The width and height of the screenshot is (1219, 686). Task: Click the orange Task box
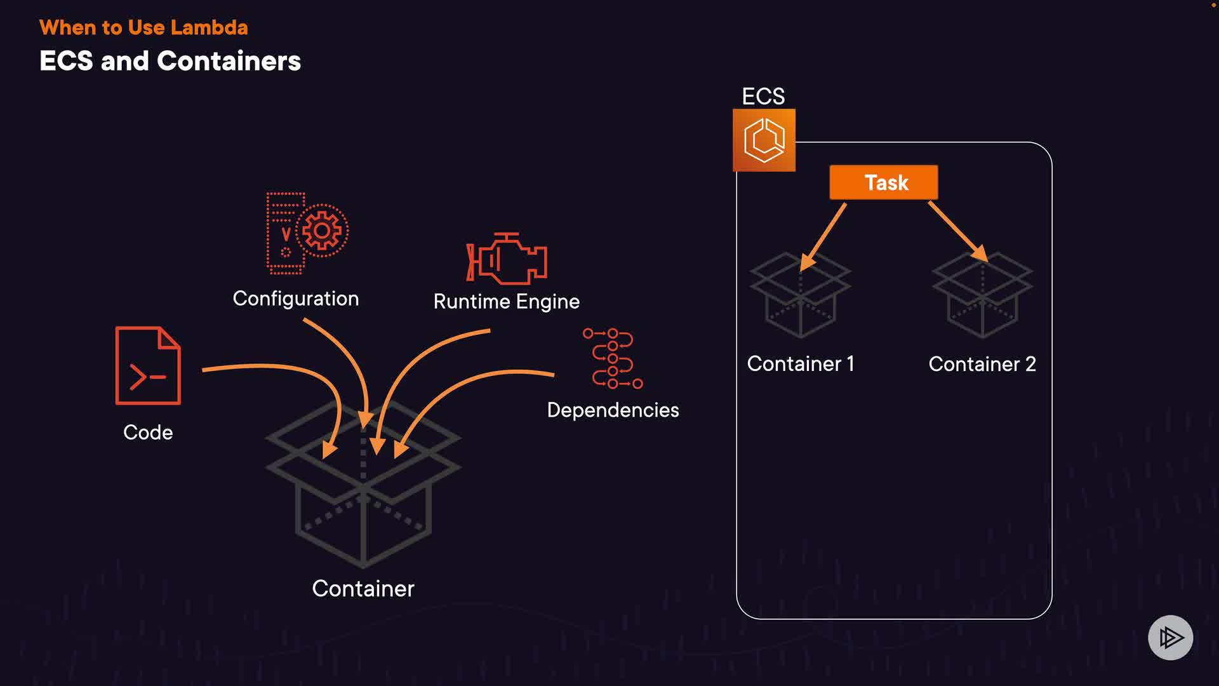883,182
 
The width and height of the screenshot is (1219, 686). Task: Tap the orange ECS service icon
764,140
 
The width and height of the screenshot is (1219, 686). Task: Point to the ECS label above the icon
763,97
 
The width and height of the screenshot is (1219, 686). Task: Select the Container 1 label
800,364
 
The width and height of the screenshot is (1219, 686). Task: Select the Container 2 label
982,364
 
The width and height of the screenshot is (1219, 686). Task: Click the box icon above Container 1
800,295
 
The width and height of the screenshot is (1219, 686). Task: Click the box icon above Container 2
982,295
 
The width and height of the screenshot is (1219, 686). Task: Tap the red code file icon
148,366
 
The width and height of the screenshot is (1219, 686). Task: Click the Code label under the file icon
148,433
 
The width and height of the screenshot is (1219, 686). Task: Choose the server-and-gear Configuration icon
307,233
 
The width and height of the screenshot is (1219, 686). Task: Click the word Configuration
295,299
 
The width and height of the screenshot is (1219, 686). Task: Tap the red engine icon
507,259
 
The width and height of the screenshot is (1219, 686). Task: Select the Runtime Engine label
506,302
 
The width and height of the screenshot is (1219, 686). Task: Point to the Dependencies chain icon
613,359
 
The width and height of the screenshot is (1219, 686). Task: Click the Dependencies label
613,410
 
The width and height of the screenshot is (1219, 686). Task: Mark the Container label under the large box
363,589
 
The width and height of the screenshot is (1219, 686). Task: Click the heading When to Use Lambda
143,28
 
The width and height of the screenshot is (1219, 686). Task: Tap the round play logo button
1170,638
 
